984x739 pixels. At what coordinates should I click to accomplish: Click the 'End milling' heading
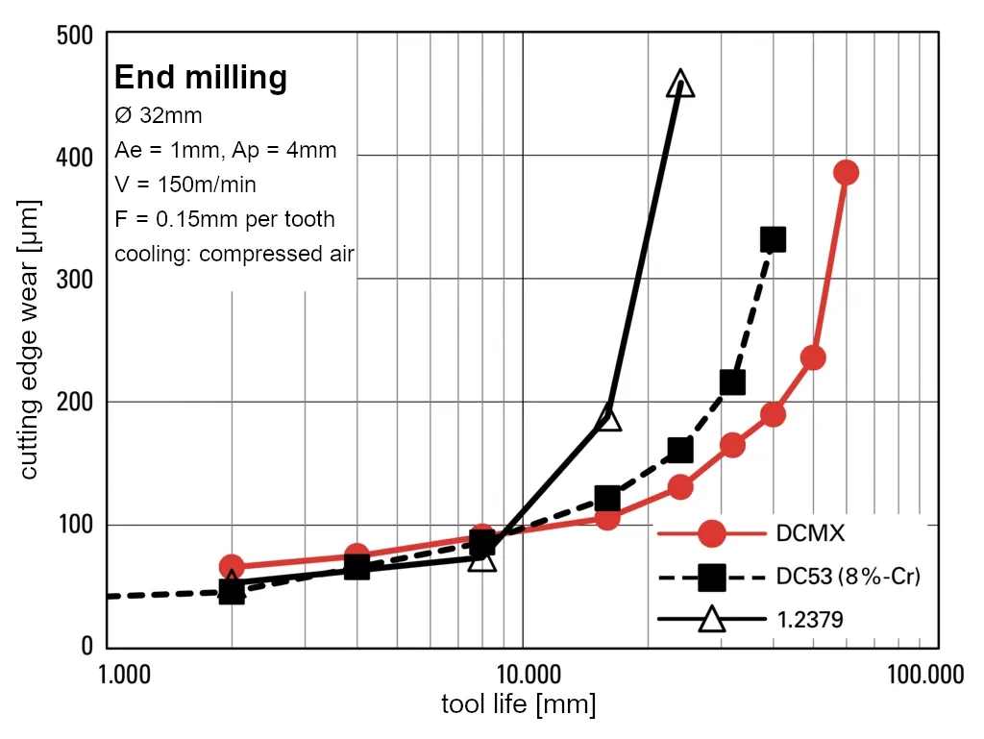coord(200,76)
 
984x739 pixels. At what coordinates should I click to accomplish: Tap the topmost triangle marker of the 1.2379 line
coord(680,84)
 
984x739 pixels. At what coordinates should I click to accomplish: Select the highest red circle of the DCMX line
coord(846,173)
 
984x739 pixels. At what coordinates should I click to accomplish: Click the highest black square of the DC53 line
coord(773,239)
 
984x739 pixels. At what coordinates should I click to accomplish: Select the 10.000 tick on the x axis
coord(523,674)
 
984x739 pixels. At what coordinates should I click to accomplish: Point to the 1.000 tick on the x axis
coord(125,674)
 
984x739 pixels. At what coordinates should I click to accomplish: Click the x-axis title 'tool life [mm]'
coord(518,704)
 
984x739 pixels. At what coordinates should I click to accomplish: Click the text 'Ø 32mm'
coord(159,115)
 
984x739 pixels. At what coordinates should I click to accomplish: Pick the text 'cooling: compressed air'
coord(234,255)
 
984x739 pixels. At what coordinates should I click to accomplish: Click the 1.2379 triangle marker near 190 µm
coord(609,418)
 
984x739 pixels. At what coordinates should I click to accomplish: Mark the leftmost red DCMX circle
coord(231,567)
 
